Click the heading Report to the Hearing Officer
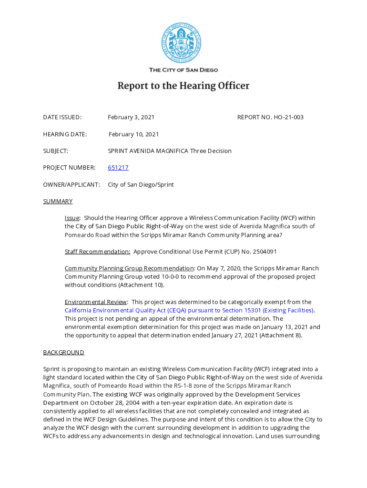coord(183,86)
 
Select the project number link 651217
coord(118,168)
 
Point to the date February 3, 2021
coord(131,117)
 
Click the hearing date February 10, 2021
coord(133,134)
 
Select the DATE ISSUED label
coord(62,117)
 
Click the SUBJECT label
coord(56,151)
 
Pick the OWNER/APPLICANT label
coord(71,184)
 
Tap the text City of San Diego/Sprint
coord(141,184)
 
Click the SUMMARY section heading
coord(58,201)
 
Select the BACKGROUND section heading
coord(63,352)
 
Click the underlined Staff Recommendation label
coord(97,251)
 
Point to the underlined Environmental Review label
coord(96,302)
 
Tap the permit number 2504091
coord(262,251)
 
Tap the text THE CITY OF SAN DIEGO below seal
coord(183,70)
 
